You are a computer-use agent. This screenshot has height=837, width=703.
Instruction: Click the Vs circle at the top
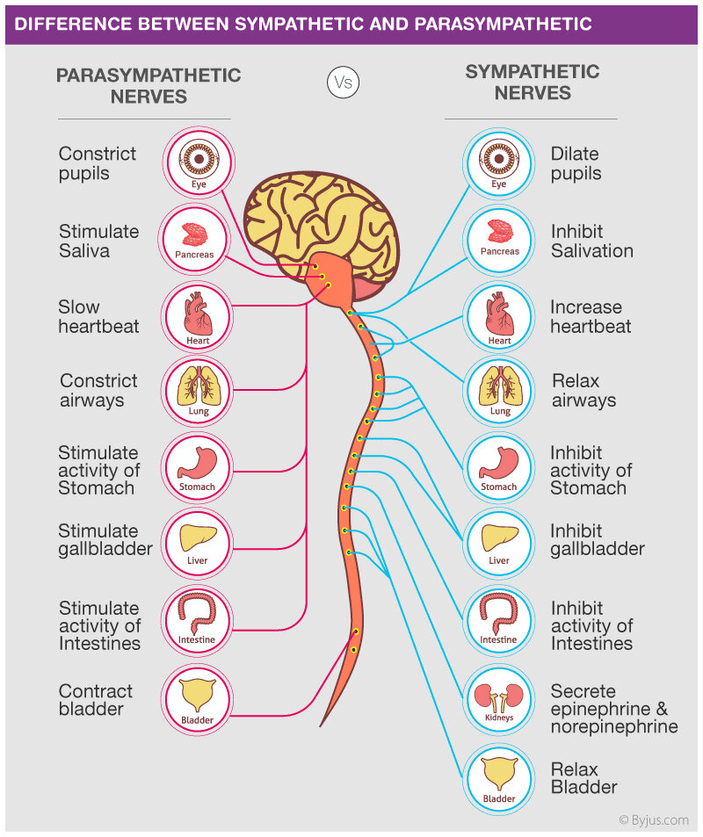point(343,83)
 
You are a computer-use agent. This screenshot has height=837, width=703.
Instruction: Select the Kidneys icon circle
point(498,697)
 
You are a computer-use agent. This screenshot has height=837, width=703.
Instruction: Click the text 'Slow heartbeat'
point(98,317)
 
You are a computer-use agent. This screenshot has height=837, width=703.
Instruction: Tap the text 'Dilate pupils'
point(576,163)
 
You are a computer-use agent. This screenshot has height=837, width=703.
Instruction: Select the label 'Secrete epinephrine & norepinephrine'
point(613,709)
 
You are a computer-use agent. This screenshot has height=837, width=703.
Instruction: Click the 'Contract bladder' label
point(96,700)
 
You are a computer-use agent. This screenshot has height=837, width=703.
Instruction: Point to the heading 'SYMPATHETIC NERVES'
point(532,83)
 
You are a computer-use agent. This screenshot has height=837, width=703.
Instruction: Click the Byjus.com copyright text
point(653,819)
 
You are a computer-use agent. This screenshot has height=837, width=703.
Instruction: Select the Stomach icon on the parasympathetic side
point(198,466)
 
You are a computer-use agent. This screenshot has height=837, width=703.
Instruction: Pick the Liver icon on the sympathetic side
point(498,542)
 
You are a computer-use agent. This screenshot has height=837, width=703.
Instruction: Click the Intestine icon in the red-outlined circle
point(198,618)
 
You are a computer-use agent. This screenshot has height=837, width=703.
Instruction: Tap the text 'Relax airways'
point(583,391)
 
